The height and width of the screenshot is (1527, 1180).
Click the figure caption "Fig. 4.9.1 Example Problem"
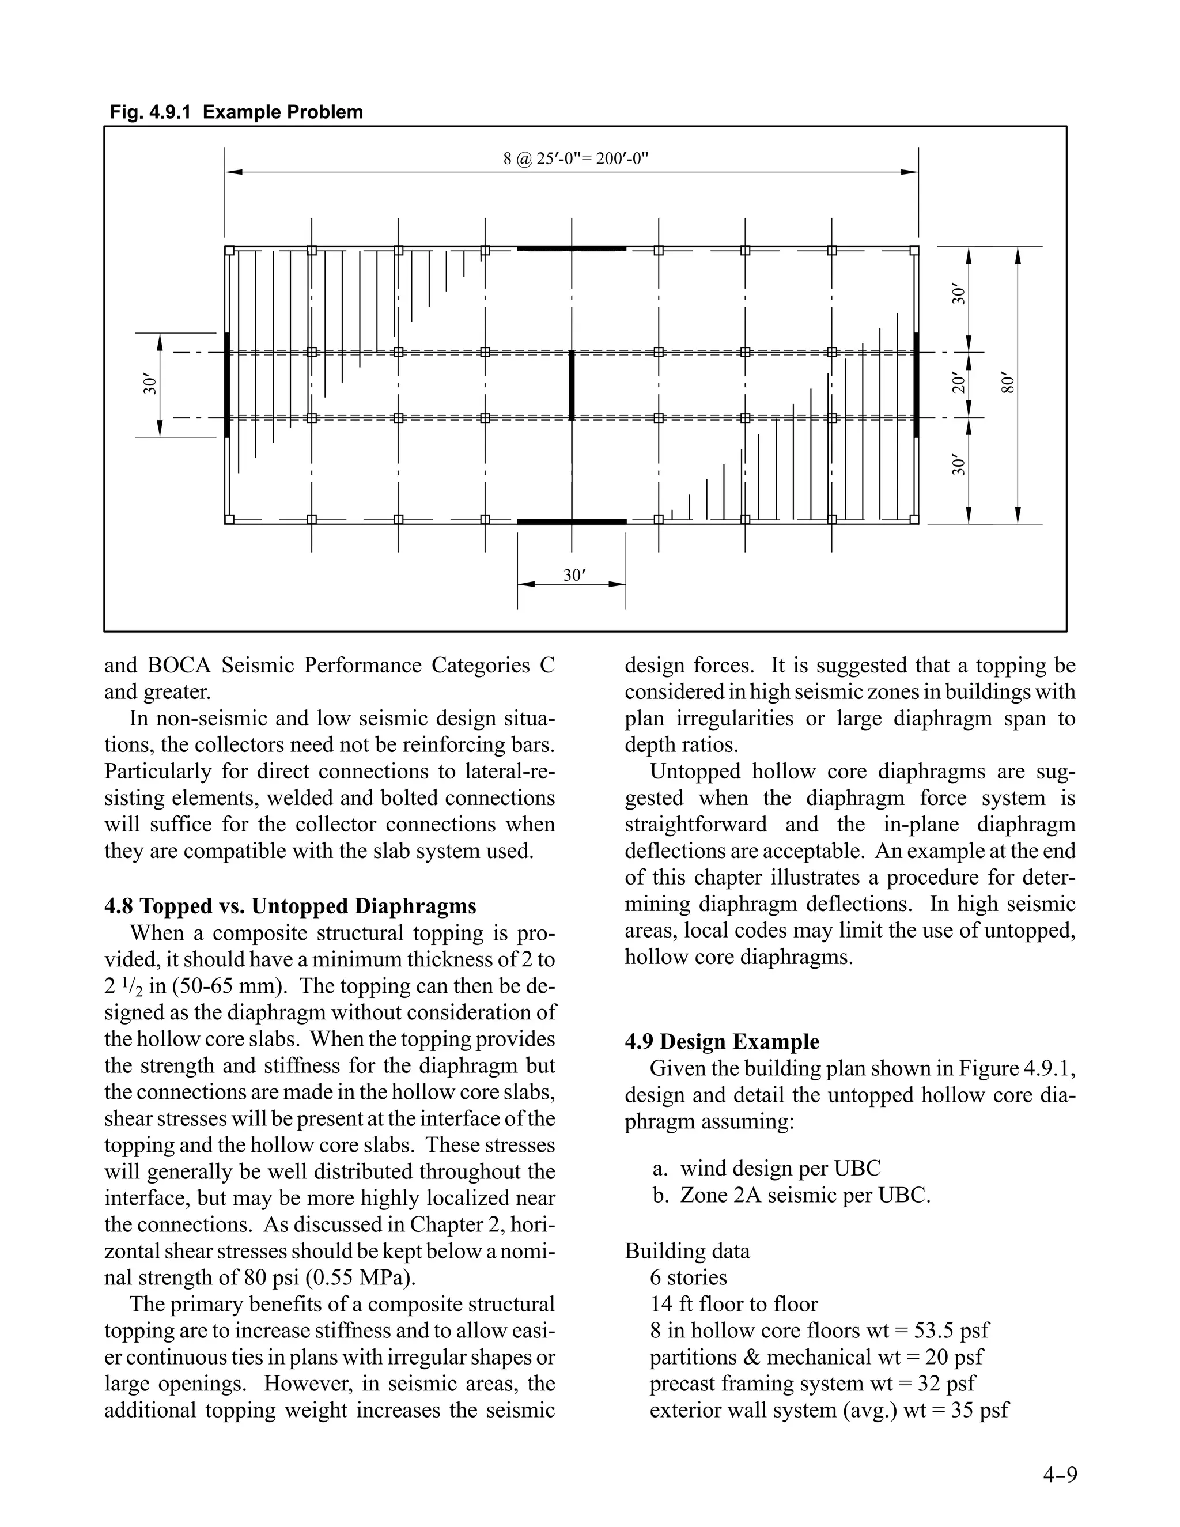pos(236,112)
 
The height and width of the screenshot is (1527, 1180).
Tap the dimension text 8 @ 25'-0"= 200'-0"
pos(576,158)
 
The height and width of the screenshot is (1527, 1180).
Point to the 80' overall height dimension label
pos(1007,384)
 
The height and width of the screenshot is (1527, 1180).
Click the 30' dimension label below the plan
pos(573,576)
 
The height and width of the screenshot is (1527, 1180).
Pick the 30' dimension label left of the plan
pos(150,384)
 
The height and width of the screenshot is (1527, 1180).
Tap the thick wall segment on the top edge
pos(571,248)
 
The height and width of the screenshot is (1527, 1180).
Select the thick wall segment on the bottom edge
pos(571,521)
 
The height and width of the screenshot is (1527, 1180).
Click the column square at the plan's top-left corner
pos(229,250)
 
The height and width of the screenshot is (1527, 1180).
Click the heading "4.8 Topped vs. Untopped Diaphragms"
pos(290,906)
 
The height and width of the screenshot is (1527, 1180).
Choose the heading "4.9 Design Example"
pos(722,1042)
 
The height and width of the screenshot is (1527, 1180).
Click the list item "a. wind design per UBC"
pos(766,1169)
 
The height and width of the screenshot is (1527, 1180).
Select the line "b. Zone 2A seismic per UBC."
pos(791,1195)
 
